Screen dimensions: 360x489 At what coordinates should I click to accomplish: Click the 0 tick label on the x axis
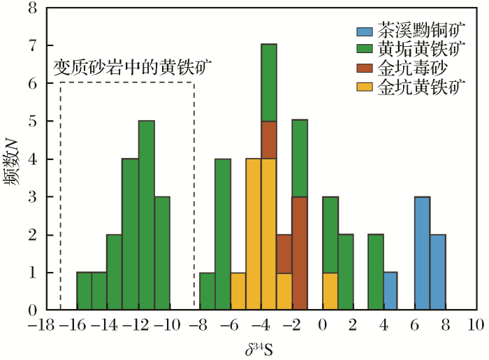point(322,326)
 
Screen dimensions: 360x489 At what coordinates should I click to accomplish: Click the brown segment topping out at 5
point(269,141)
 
